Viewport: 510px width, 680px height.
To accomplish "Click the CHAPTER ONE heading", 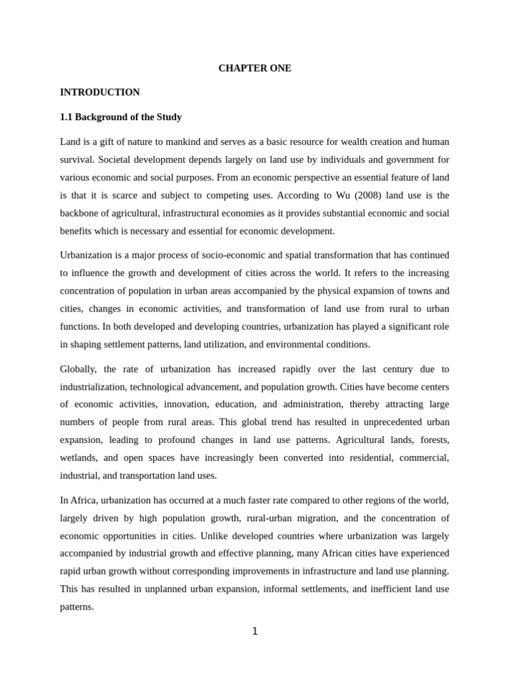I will click(x=254, y=68).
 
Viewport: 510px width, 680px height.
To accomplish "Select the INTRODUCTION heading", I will click(x=100, y=92).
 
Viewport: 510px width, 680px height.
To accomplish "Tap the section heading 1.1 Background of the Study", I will click(x=120, y=117).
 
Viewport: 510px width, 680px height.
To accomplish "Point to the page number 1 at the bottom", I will click(x=254, y=632).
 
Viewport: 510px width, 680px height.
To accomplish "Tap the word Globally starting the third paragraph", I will click(x=78, y=369).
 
